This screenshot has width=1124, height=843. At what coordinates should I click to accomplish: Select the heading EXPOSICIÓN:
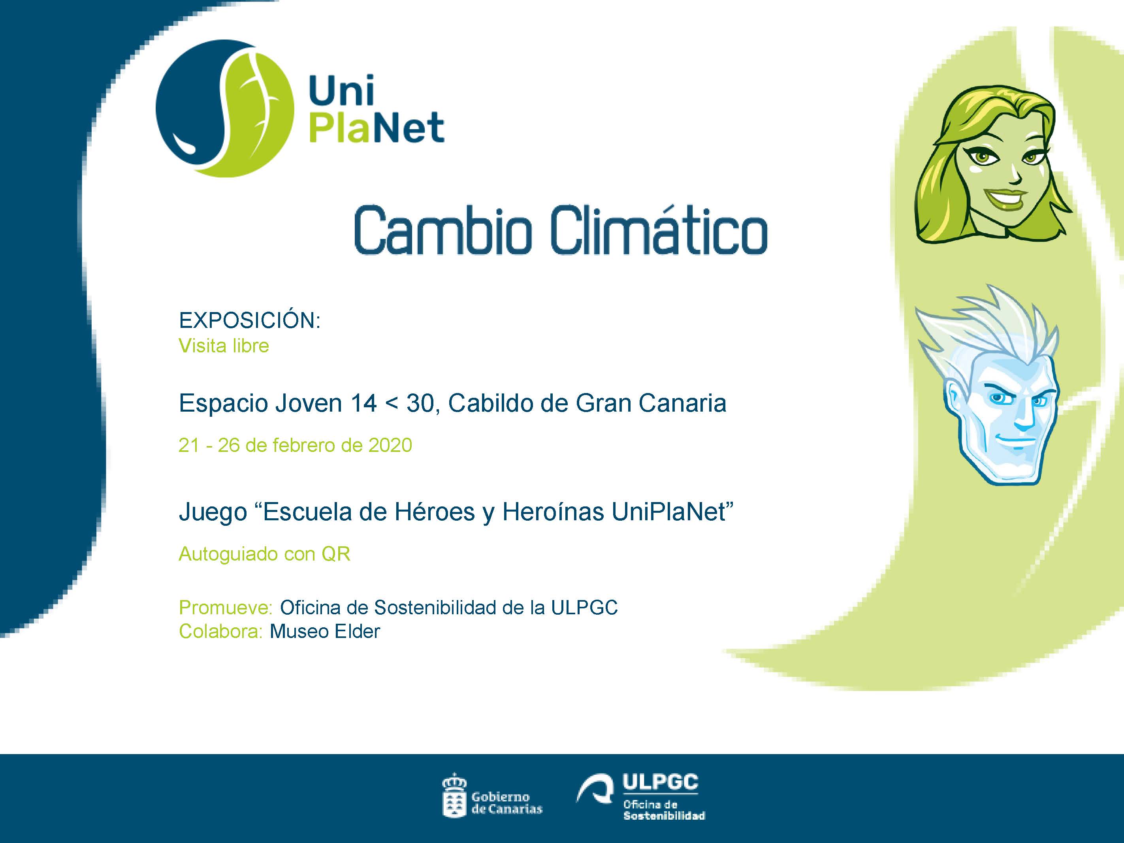(x=250, y=321)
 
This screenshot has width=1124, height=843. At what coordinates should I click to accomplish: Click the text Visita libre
(x=224, y=346)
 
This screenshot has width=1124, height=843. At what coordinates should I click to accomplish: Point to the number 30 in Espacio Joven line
(x=421, y=403)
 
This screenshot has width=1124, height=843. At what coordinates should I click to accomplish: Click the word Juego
(x=213, y=513)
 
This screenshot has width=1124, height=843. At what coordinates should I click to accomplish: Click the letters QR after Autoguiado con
(x=335, y=554)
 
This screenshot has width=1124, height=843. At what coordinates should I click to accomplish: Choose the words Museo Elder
(x=325, y=632)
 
